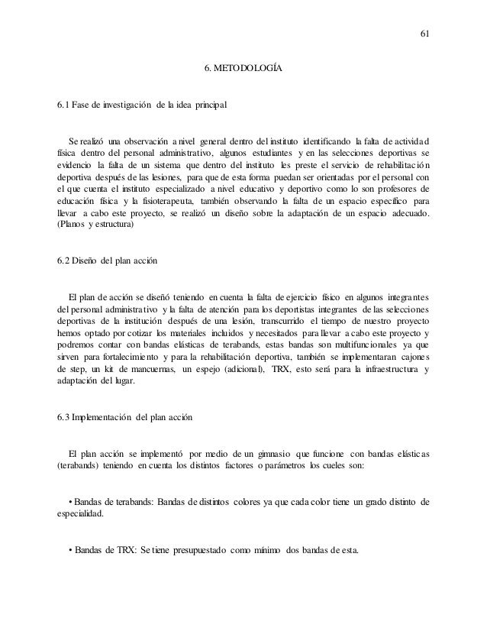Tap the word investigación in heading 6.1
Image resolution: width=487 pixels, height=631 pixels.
[x=121, y=102]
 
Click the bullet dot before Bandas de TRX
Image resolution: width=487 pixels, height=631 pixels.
[x=70, y=550]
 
